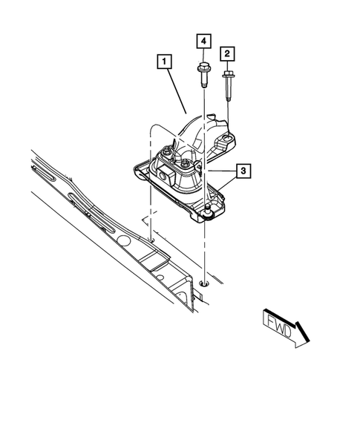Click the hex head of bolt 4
203,73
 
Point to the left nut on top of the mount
168,151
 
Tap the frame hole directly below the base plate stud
205,283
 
